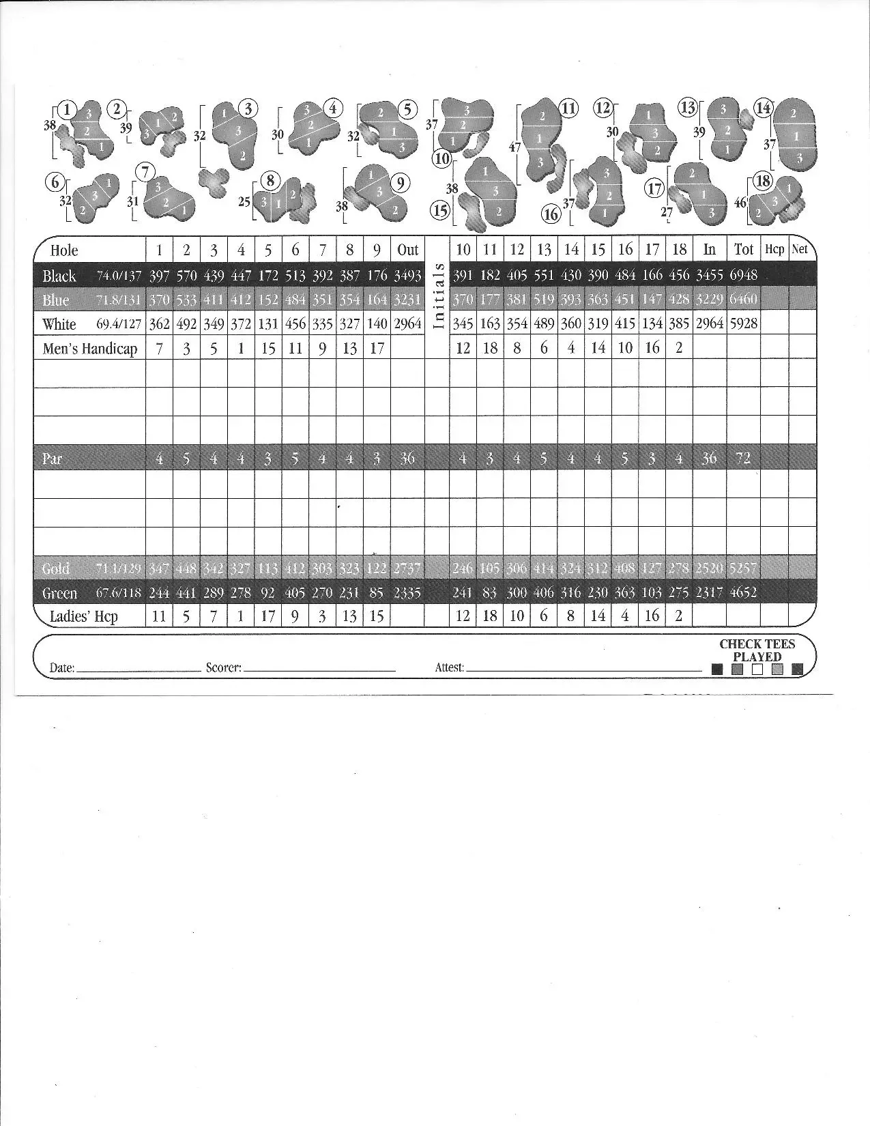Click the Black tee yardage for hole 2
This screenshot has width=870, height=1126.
pyautogui.click(x=186, y=276)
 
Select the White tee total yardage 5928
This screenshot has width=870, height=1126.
pyautogui.click(x=743, y=323)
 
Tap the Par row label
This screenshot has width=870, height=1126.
pyautogui.click(x=53, y=458)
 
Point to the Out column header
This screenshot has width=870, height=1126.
pyautogui.click(x=407, y=250)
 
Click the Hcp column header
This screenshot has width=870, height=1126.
pyautogui.click(x=774, y=250)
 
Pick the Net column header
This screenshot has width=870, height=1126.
pyautogui.click(x=799, y=250)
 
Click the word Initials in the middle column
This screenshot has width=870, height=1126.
pyautogui.click(x=439, y=295)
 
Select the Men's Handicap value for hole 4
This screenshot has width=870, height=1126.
pyautogui.click(x=241, y=348)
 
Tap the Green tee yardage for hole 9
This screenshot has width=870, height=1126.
pyautogui.click(x=376, y=592)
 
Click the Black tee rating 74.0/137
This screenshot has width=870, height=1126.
pyautogui.click(x=119, y=276)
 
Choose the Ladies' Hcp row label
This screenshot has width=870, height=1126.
pyautogui.click(x=84, y=616)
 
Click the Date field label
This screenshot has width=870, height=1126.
pyautogui.click(x=62, y=668)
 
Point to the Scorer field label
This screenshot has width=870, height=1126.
pyautogui.click(x=224, y=668)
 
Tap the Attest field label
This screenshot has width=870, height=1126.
pyautogui.click(x=450, y=668)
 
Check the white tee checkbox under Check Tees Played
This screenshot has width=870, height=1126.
pyautogui.click(x=757, y=669)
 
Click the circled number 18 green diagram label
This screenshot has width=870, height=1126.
pyautogui.click(x=762, y=182)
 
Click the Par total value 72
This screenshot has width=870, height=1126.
pyautogui.click(x=743, y=458)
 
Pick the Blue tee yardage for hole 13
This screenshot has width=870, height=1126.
pyautogui.click(x=544, y=300)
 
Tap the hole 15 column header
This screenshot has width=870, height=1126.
pyautogui.click(x=598, y=250)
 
